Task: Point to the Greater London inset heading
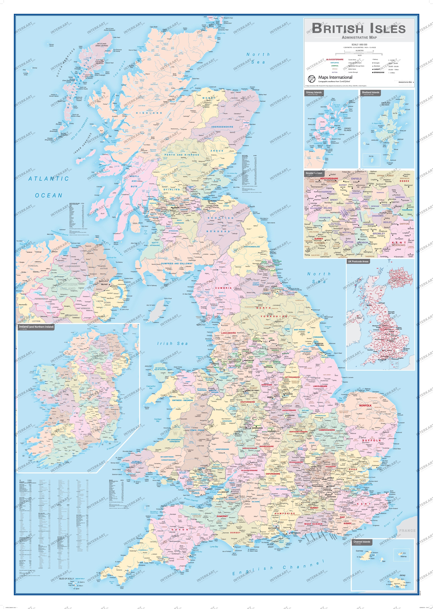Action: click(x=314, y=173)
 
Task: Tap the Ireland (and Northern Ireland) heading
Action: click(x=36, y=327)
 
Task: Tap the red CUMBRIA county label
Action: click(x=223, y=288)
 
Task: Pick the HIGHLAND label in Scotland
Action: click(x=149, y=113)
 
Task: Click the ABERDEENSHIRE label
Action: click(x=222, y=127)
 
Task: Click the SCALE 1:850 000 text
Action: click(x=359, y=45)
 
